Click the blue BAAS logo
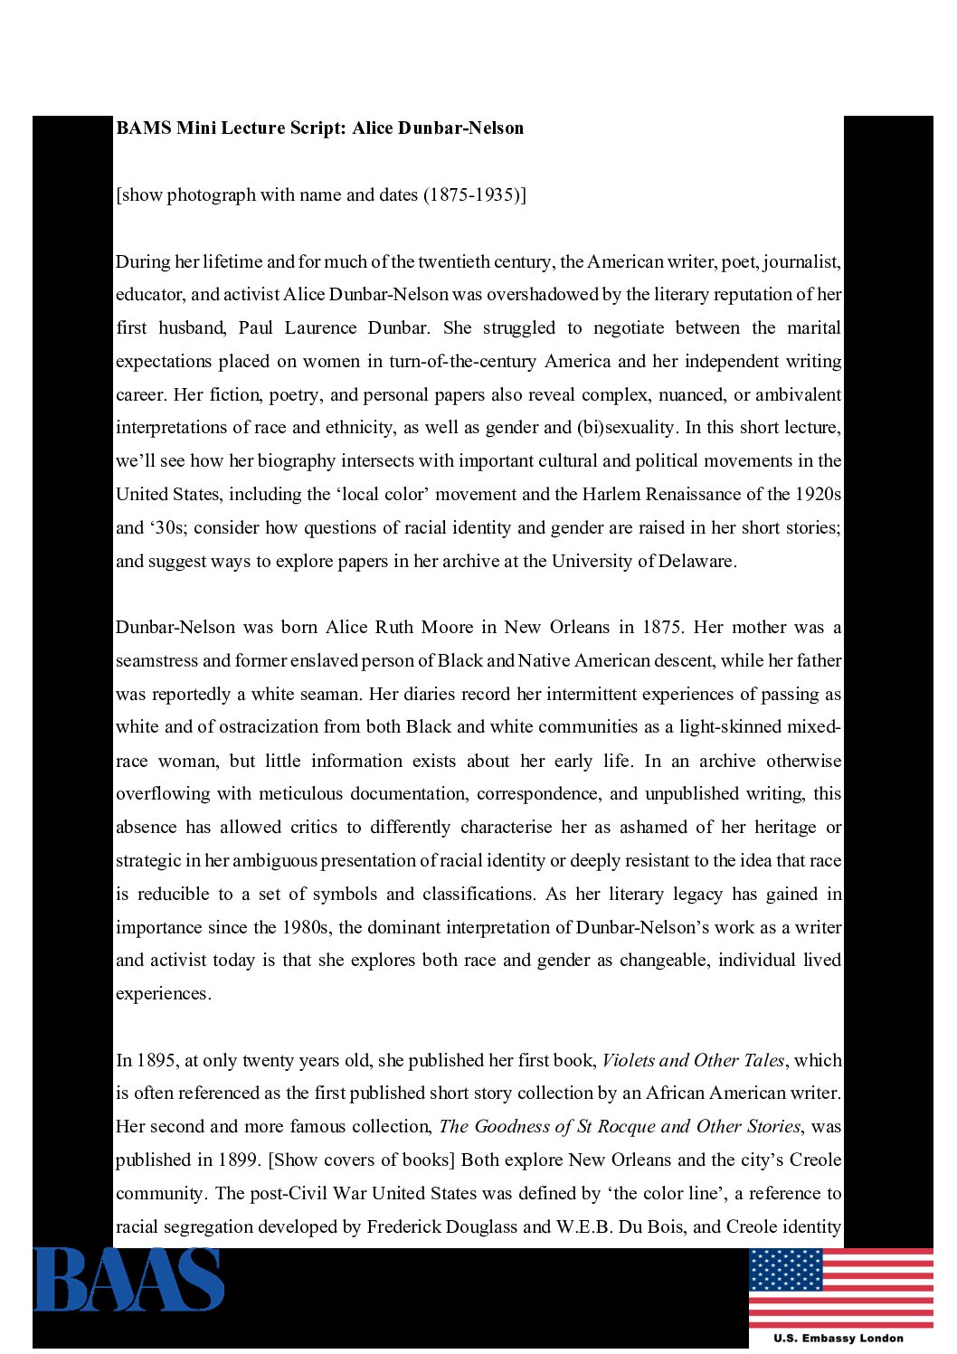click(128, 1279)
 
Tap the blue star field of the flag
click(785, 1269)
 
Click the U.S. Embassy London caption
click(838, 1338)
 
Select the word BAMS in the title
click(143, 128)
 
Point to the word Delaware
click(697, 561)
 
